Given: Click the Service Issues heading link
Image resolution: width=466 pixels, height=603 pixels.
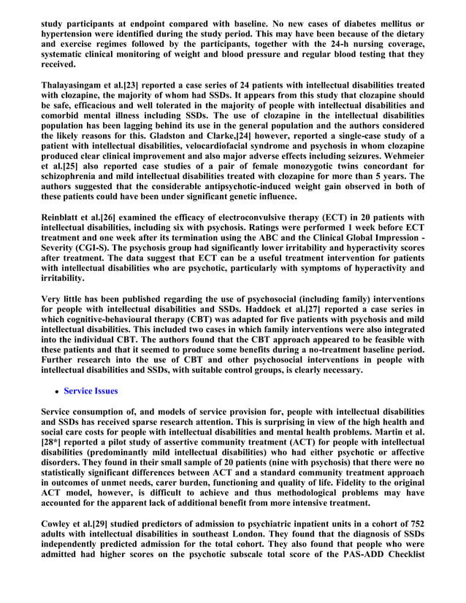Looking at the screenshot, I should [x=91, y=391].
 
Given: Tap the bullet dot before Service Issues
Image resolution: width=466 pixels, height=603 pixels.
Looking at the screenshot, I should [x=57, y=391].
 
